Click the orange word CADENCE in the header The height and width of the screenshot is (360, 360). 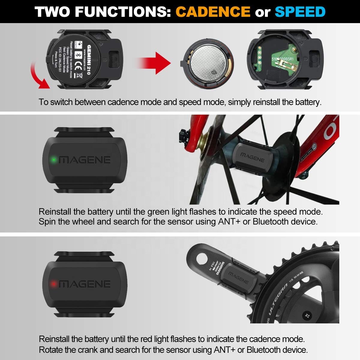pos(213,12)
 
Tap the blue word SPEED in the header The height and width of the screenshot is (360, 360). pos(300,12)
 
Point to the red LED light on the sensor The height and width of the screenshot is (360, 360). pos(54,284)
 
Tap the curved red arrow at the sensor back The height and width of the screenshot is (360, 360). pos(39,75)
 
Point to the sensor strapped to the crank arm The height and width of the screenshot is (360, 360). pos(238,277)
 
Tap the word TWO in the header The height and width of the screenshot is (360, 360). pos(52,12)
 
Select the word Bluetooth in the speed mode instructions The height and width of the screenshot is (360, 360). pos(271,222)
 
